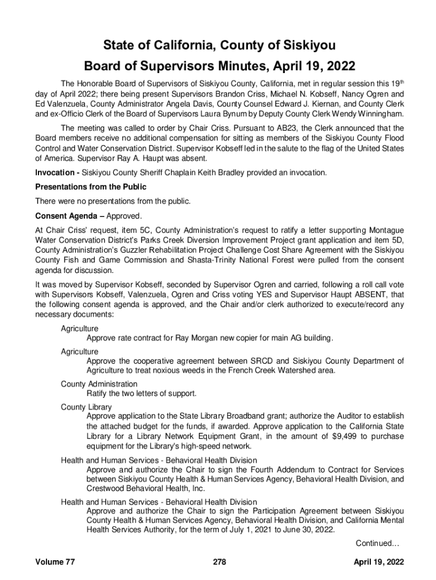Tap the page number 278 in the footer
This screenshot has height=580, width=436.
click(220, 562)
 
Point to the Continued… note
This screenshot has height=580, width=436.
click(378, 544)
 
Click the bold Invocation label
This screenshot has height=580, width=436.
click(56, 172)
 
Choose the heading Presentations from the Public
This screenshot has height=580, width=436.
click(91, 187)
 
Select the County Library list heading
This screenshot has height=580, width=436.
click(86, 407)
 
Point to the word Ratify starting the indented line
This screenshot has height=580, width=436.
click(98, 393)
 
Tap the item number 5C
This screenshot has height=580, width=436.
click(146, 230)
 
